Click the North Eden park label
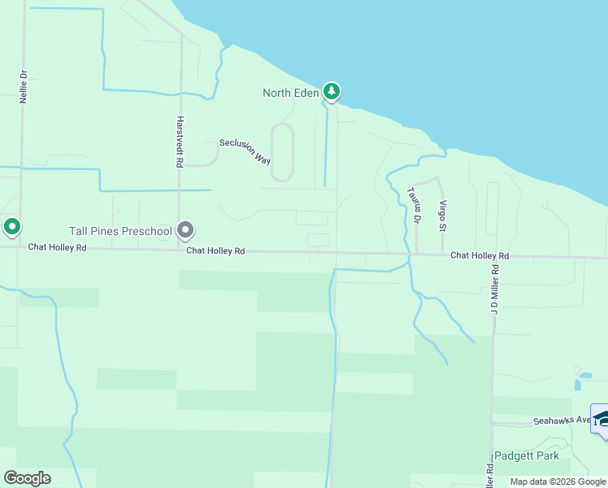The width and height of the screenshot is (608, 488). click(290, 93)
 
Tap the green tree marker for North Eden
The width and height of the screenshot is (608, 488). click(331, 91)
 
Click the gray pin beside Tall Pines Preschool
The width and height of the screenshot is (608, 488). click(186, 231)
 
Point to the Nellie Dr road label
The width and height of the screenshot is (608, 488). click(24, 85)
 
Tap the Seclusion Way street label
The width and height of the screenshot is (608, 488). click(245, 151)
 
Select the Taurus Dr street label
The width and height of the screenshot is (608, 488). click(414, 205)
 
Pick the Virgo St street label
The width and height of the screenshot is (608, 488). click(443, 215)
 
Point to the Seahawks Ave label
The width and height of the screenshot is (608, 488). click(562, 420)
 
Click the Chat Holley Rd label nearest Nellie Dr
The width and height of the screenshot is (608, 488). click(57, 246)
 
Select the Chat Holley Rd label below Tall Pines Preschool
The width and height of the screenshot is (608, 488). click(215, 251)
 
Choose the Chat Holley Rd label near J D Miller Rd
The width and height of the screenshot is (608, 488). click(480, 255)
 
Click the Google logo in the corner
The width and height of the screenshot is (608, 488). click(27, 478)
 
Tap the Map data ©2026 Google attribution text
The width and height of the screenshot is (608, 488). click(558, 482)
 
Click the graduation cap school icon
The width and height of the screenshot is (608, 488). click(601, 418)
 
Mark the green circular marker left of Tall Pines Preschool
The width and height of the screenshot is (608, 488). click(11, 227)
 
